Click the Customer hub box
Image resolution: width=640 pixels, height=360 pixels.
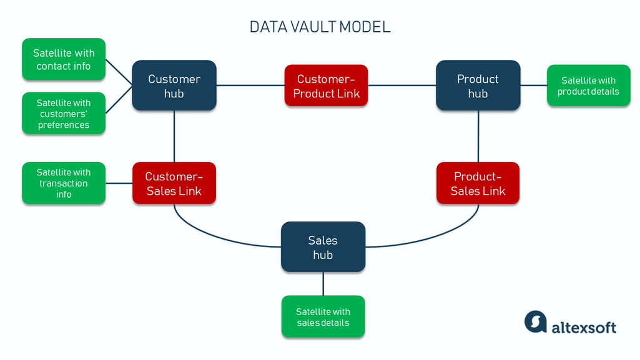(174, 86)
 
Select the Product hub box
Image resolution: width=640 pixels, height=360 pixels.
(478, 86)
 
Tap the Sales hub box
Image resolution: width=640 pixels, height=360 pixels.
(323, 247)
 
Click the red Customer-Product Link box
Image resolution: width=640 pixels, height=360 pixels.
(326, 86)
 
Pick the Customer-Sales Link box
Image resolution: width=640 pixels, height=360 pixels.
(174, 183)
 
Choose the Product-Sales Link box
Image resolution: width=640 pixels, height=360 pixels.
(478, 183)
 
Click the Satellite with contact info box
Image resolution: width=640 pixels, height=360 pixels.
(64, 59)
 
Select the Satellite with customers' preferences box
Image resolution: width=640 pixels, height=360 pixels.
(64, 114)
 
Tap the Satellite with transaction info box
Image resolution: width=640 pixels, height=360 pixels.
(64, 183)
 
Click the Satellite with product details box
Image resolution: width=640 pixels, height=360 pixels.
(588, 86)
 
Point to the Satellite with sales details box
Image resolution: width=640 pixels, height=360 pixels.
(323, 317)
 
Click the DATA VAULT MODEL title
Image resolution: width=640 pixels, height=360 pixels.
(320, 27)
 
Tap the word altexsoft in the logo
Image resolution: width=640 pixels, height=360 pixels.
(584, 327)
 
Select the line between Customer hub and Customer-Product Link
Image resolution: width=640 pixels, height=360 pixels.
(250, 85)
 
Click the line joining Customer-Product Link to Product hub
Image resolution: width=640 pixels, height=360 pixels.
(401, 85)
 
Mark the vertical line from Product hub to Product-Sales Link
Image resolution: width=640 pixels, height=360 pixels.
(478, 137)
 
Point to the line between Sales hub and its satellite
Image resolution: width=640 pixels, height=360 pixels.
(323, 283)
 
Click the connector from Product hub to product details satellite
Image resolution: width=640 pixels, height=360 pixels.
(533, 85)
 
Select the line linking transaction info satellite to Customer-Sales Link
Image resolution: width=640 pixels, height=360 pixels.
(119, 183)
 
